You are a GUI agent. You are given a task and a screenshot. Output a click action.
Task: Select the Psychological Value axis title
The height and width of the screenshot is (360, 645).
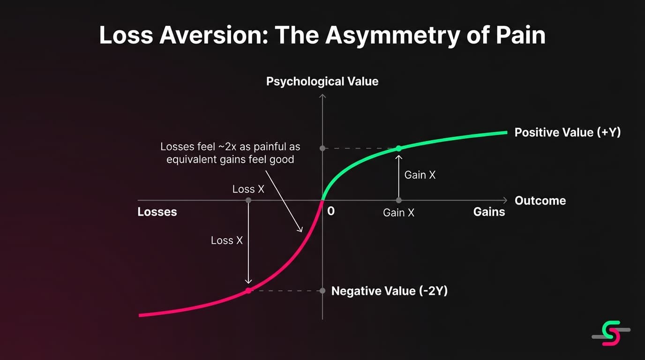tap(322, 82)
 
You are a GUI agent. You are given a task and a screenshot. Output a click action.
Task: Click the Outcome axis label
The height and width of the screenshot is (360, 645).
tap(540, 201)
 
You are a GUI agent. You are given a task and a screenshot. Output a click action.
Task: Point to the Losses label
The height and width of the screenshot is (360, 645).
tap(157, 212)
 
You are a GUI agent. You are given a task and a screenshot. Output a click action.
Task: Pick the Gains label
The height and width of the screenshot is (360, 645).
tap(489, 212)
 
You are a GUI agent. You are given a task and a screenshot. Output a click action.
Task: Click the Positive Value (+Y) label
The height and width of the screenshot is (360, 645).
tap(567, 133)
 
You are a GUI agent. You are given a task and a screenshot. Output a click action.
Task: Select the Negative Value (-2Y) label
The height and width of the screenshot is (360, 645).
tap(389, 291)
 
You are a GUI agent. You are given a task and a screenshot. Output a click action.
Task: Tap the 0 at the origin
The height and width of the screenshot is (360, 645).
tap(331, 211)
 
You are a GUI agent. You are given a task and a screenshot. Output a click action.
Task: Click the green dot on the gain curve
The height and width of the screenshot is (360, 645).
tap(398, 148)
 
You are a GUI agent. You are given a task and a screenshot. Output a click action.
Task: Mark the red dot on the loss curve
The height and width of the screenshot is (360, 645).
tap(248, 291)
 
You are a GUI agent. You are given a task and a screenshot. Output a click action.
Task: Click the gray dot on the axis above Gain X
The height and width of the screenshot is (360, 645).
tap(398, 200)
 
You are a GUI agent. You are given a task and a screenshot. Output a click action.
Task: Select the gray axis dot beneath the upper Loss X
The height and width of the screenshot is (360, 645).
tap(248, 200)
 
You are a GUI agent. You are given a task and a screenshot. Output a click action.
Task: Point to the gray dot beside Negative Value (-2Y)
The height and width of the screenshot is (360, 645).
tap(322, 291)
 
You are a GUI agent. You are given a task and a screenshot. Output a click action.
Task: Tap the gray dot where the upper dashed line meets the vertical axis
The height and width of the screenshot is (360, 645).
tap(322, 148)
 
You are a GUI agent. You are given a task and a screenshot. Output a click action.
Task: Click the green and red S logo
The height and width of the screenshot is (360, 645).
tap(611, 333)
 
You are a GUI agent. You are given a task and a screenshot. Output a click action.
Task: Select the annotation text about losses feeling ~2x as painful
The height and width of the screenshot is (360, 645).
tap(230, 153)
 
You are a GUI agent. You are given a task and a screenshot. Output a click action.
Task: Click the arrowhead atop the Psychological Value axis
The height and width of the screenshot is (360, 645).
tap(322, 96)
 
